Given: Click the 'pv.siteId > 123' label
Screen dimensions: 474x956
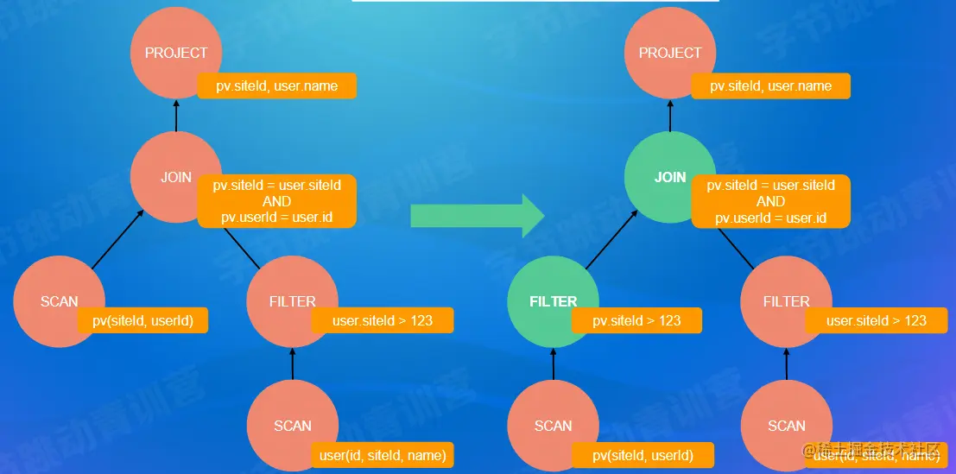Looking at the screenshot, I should tap(636, 320).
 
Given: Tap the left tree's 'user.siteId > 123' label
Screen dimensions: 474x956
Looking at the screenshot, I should tap(382, 320).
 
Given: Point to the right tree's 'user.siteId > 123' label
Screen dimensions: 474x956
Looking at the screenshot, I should tap(876, 320).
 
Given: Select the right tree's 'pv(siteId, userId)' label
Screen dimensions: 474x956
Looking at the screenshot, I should tap(642, 455).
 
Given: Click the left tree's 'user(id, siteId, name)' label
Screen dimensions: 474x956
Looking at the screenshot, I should tap(382, 455).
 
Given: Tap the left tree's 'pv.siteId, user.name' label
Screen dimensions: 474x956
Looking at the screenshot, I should tap(276, 86).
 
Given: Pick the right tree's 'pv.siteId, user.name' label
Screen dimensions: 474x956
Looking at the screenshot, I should tap(770, 86).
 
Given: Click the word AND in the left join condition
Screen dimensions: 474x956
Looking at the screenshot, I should tap(276, 201).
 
